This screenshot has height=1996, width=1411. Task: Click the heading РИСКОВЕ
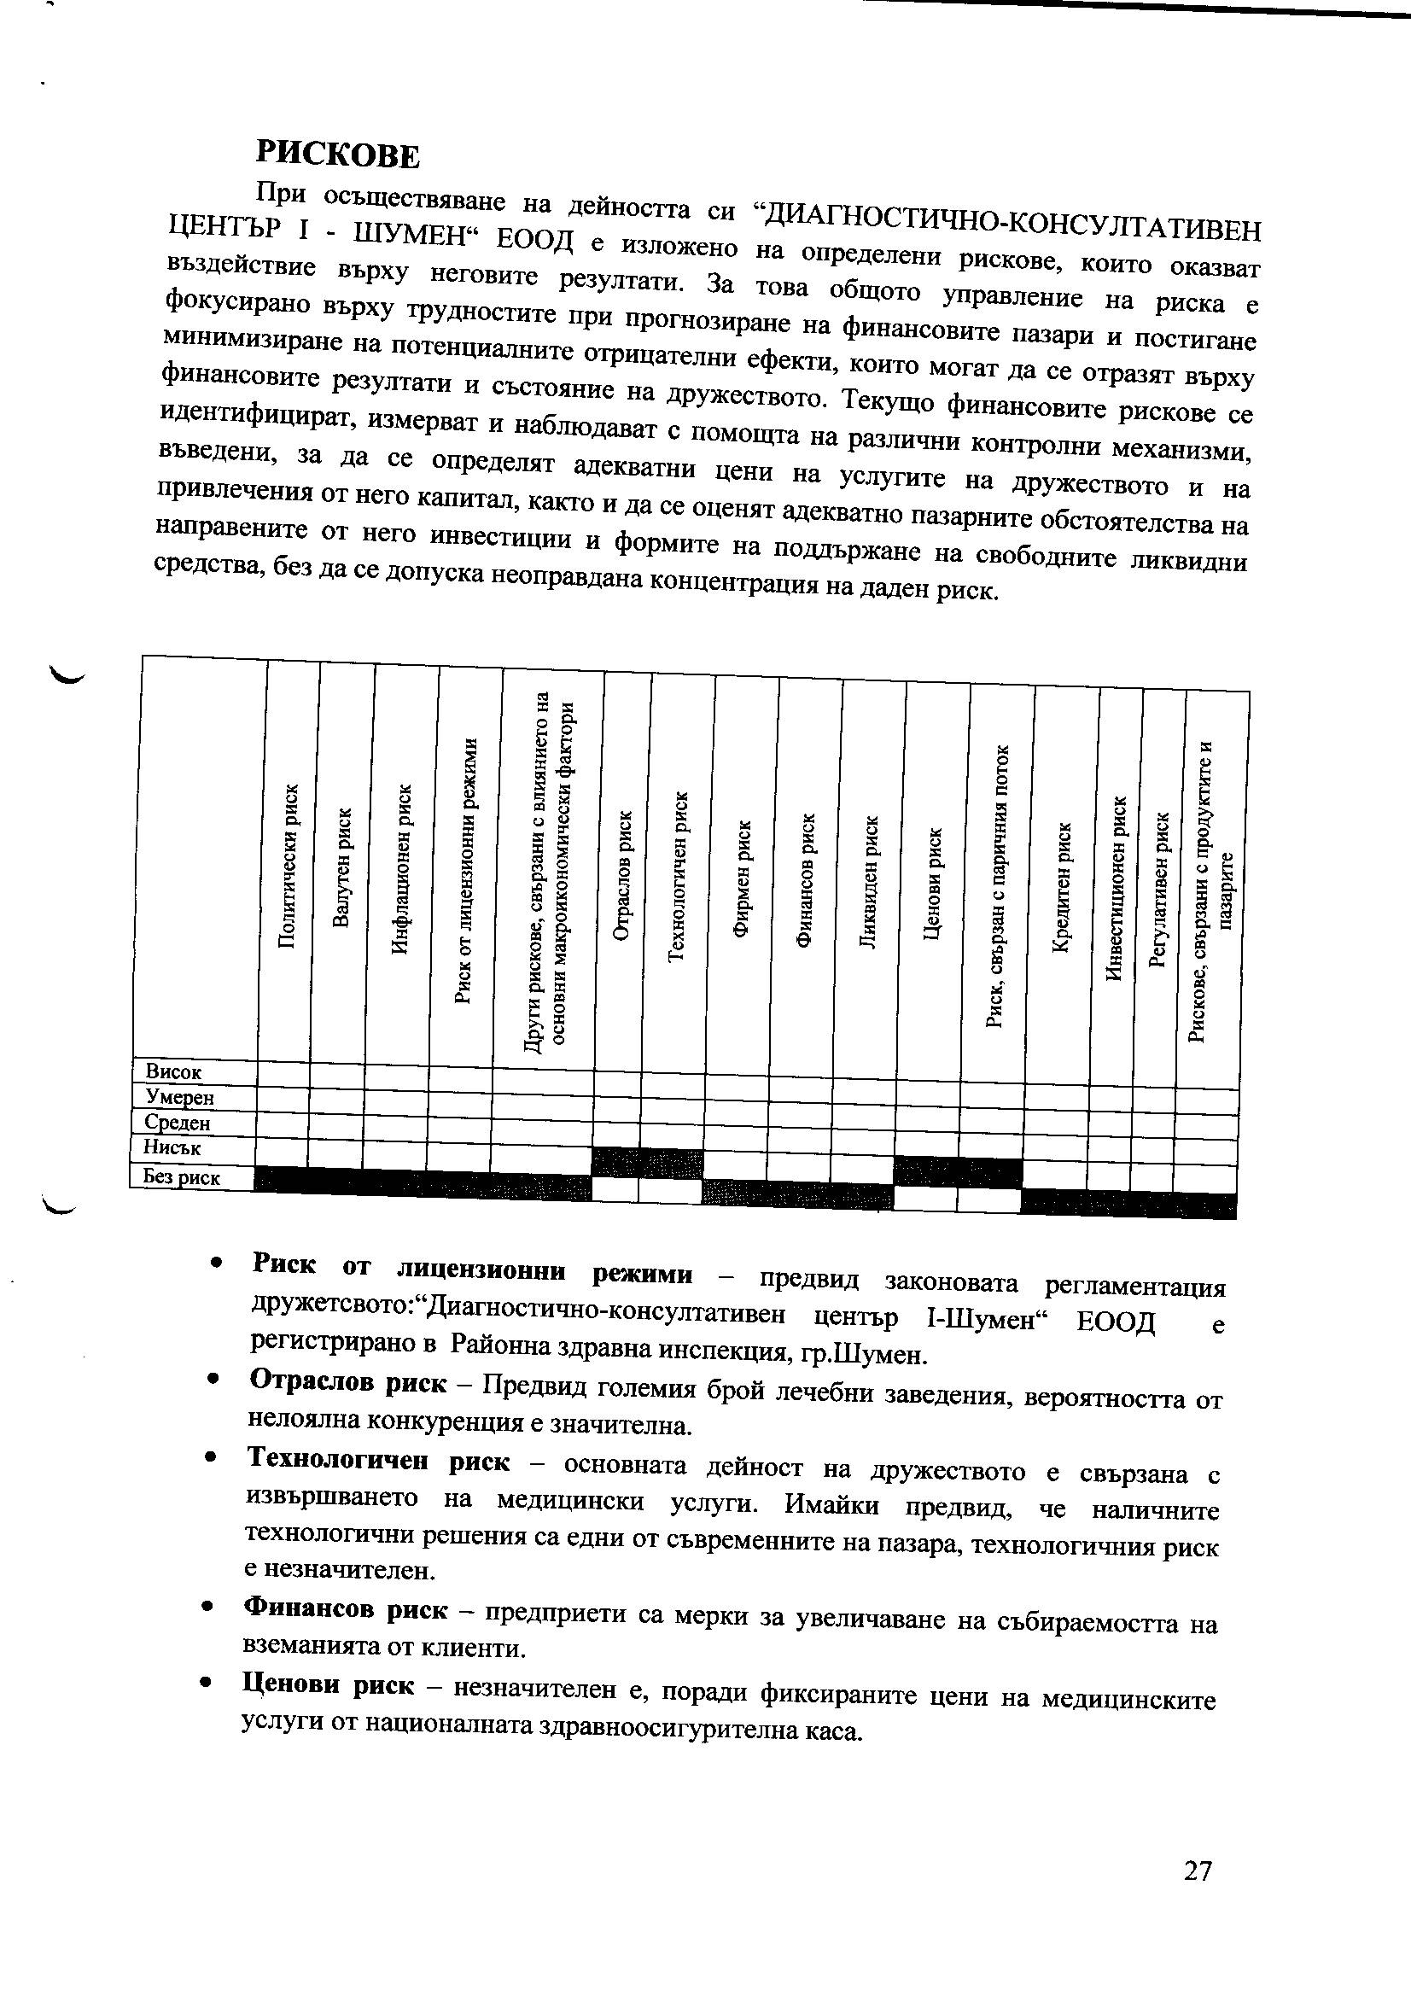(x=337, y=155)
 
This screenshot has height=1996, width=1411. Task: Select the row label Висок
(x=173, y=1073)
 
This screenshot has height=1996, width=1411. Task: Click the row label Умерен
(x=180, y=1098)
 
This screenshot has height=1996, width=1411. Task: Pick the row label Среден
(x=178, y=1123)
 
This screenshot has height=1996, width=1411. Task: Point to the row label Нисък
(x=172, y=1147)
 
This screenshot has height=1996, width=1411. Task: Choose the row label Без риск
(x=182, y=1178)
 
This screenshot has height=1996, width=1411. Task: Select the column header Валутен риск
(x=342, y=868)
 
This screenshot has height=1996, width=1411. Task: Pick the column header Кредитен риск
(x=1063, y=888)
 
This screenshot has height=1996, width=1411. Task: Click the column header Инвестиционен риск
(x=1117, y=890)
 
